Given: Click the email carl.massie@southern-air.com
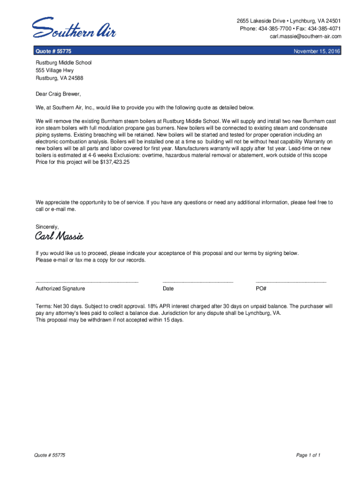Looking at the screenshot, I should [x=305, y=36].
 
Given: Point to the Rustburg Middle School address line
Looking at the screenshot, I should [x=64, y=62].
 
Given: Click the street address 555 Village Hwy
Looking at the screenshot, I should [x=55, y=70].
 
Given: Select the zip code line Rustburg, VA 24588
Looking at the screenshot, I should [x=59, y=78].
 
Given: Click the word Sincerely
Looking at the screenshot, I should [x=47, y=226].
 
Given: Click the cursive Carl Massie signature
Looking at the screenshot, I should [x=59, y=236].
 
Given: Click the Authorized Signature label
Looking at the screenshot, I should [x=60, y=289].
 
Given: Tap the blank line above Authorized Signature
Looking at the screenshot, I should [x=87, y=282].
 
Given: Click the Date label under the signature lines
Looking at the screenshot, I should [x=168, y=289].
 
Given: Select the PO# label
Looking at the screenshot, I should [x=261, y=289].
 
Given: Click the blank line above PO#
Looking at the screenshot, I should [x=291, y=282].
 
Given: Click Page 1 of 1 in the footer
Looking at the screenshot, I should [x=308, y=455].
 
